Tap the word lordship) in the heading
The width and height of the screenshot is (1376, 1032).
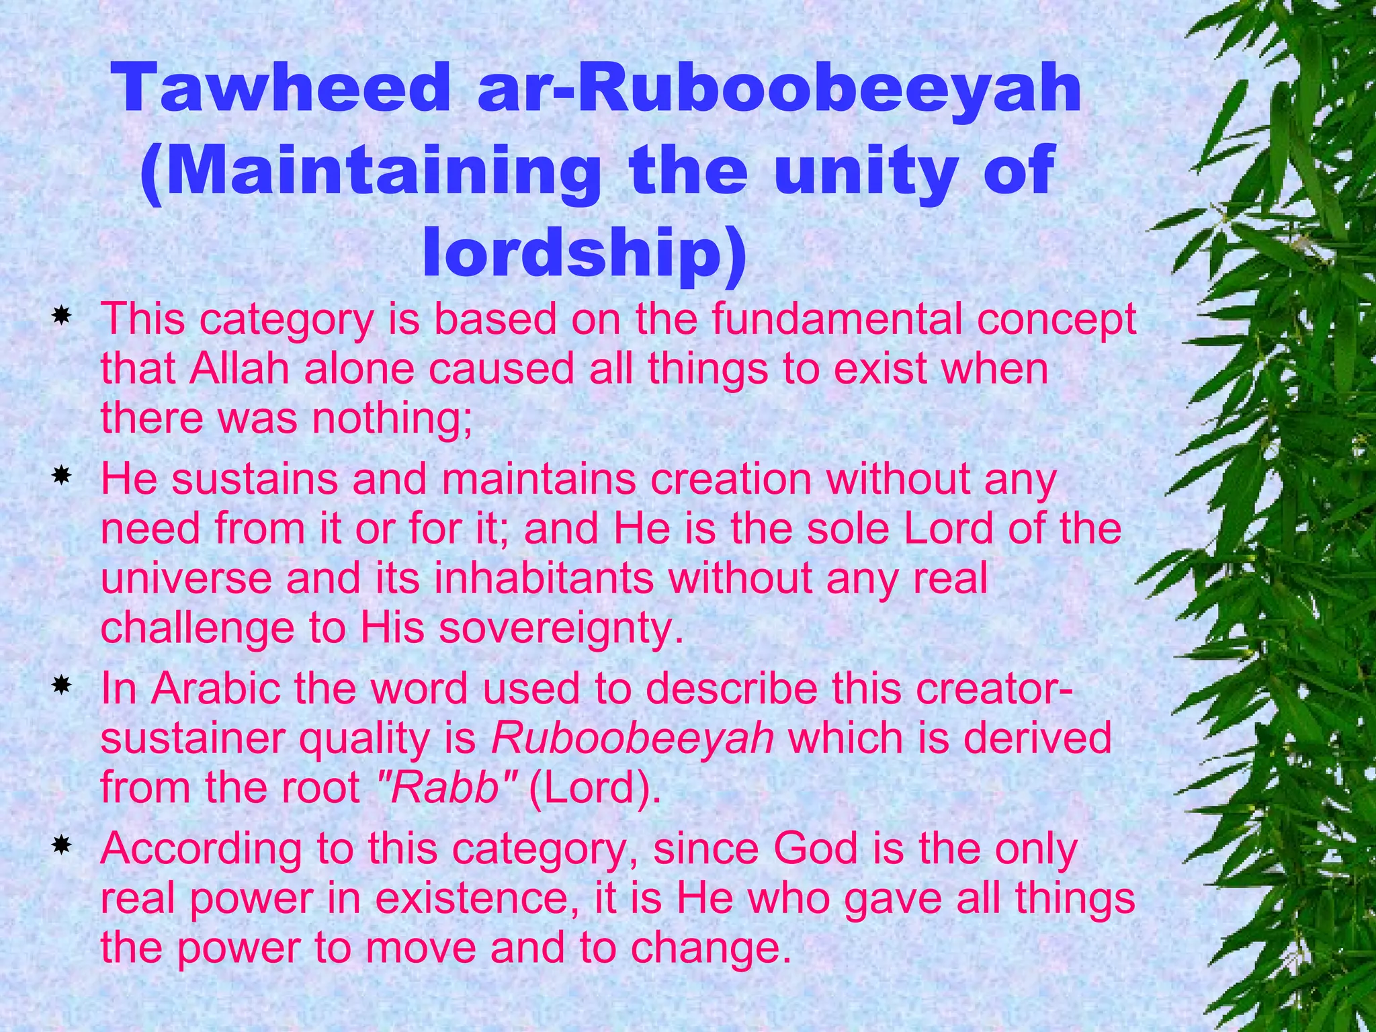(584, 253)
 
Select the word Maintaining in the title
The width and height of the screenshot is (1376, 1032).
(370, 172)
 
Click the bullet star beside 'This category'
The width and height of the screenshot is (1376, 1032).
(62, 315)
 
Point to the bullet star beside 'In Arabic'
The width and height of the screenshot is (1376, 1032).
(62, 686)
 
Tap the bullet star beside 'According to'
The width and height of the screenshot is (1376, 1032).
(62, 845)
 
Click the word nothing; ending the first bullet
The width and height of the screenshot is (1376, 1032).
(392, 418)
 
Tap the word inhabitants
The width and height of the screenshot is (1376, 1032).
(544, 578)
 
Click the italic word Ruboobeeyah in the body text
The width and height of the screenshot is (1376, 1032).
(632, 738)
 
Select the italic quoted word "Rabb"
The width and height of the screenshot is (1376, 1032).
(444, 787)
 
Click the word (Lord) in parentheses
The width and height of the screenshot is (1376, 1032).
(595, 787)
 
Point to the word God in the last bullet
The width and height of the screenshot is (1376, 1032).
(815, 849)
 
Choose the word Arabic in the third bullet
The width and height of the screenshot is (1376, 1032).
(216, 689)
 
